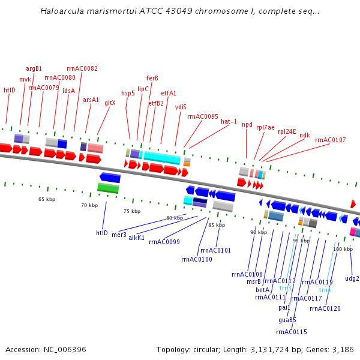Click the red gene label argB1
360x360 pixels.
tap(34, 68)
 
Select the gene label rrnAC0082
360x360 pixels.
tap(82, 68)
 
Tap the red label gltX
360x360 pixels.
tap(110, 103)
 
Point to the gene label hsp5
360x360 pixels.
tap(128, 93)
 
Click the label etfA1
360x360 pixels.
tap(169, 93)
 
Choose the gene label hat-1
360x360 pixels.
tap(229, 121)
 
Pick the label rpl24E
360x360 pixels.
tap(287, 131)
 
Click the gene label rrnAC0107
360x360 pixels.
tap(330, 140)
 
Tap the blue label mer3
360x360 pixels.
tap(119, 235)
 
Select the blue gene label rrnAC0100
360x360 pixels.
tap(196, 259)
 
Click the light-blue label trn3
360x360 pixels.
tap(285, 288)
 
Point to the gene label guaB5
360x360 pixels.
tap(287, 320)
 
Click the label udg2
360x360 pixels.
tap(352, 278)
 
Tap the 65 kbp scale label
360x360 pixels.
tap(47, 199)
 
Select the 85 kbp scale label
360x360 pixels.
tap(217, 225)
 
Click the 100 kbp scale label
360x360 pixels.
tap(343, 248)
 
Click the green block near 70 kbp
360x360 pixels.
tap(108, 188)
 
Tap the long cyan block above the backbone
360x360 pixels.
tap(161, 158)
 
